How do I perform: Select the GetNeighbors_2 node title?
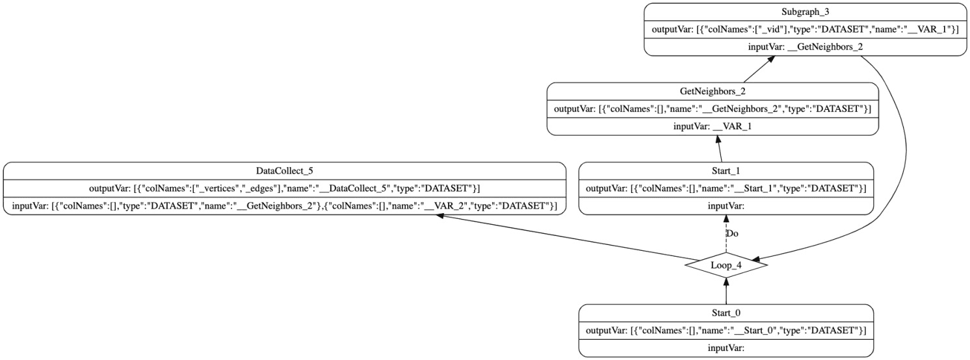tap(713, 92)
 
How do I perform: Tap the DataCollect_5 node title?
tap(285, 171)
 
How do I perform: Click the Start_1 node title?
tap(726, 171)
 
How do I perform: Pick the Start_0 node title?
tap(726, 313)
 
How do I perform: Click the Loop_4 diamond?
tap(726, 265)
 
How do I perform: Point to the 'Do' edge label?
tap(732, 233)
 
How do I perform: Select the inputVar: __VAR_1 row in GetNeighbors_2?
tap(713, 125)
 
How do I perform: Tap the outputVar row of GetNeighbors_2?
tap(713, 109)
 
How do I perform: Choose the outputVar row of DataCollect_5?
tap(285, 188)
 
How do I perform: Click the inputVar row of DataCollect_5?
tap(285, 205)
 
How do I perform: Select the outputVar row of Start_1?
tap(726, 188)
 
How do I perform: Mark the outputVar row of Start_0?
tap(726, 329)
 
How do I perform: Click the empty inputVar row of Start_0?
tap(726, 347)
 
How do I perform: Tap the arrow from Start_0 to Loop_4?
tap(726, 291)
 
